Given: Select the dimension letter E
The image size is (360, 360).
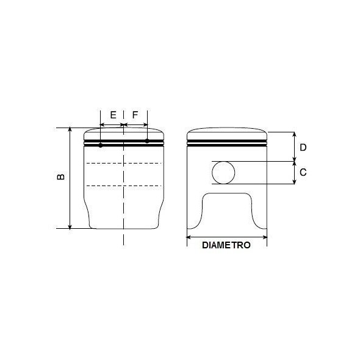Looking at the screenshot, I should (x=113, y=115).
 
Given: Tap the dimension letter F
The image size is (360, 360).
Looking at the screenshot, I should (x=135, y=115).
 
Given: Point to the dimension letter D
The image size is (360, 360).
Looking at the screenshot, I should (x=303, y=147).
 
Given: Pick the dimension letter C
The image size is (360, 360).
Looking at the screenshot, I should (x=303, y=173).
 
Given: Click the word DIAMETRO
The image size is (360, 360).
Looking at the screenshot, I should (x=226, y=245).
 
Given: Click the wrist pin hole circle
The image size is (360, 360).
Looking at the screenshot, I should (x=223, y=173).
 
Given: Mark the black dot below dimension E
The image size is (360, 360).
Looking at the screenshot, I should (x=101, y=145).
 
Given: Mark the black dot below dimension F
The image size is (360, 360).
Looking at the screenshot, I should (x=148, y=141).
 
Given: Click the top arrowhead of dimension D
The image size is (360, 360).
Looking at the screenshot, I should (x=294, y=134).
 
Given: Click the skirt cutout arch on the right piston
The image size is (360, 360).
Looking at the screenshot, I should (x=226, y=194).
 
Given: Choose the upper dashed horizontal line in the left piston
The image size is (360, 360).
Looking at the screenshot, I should (x=124, y=164).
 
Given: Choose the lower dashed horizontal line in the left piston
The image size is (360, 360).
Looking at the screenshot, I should (x=124, y=184).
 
